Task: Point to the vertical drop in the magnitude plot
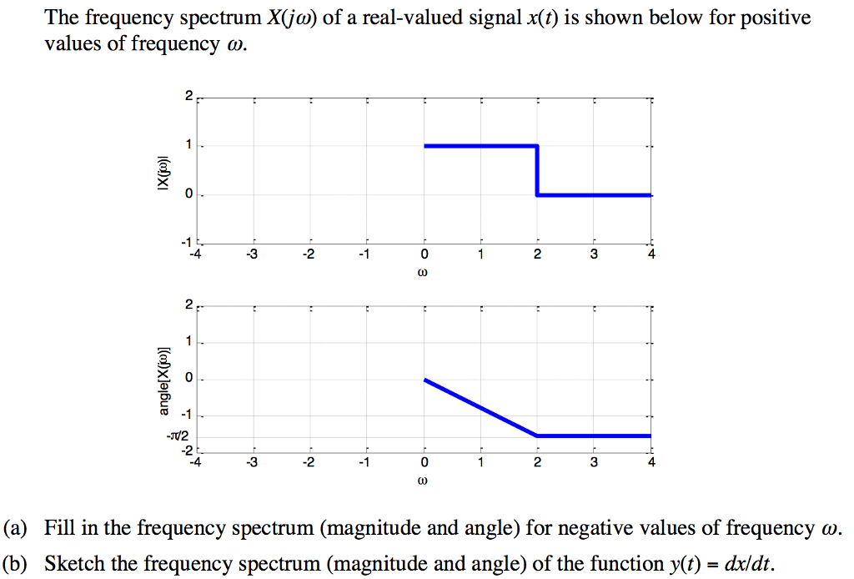tap(537, 171)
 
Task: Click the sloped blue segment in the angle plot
tap(480, 408)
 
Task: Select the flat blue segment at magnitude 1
tap(480, 147)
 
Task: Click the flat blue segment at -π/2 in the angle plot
tap(594, 436)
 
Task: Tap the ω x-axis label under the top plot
tap(424, 272)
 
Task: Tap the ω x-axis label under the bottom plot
tap(424, 481)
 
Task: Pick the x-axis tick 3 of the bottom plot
tap(594, 461)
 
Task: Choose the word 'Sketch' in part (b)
tap(74, 563)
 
